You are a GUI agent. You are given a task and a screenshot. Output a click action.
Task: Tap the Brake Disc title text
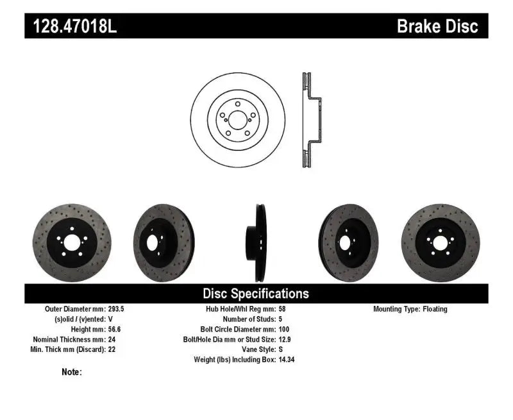click(x=437, y=26)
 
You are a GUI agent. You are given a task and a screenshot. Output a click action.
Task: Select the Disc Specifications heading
click(x=256, y=294)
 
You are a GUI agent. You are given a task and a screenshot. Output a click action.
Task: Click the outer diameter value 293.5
click(x=116, y=309)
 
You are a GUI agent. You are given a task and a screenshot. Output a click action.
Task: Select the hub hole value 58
click(x=282, y=309)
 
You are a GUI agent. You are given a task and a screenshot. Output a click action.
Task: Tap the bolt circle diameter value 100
click(x=284, y=329)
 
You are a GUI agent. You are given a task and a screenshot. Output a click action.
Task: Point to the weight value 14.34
click(x=287, y=360)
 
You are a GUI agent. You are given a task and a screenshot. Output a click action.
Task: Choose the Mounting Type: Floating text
click(x=410, y=309)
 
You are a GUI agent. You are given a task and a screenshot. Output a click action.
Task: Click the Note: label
click(x=71, y=372)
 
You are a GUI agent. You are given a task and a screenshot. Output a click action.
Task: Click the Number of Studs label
click(x=249, y=319)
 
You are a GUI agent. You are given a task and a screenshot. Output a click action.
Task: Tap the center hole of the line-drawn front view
click(x=237, y=120)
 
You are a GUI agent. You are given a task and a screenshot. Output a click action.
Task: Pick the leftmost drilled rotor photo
click(x=71, y=243)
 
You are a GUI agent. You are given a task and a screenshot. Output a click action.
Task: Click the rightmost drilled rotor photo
click(x=441, y=243)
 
